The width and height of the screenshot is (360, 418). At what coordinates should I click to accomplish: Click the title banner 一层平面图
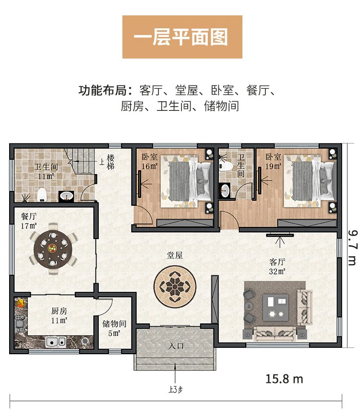pyautogui.click(x=182, y=37)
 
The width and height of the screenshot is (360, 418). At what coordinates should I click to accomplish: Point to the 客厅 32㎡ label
pyautogui.click(x=277, y=267)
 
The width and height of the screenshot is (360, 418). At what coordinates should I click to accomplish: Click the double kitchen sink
pyautogui.click(x=56, y=342)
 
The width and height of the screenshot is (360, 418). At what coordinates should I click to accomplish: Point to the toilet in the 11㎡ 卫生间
pyautogui.click(x=42, y=194)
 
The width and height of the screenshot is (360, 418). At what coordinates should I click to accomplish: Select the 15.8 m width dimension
pyautogui.click(x=284, y=379)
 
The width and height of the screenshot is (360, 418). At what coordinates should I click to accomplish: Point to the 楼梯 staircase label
pyautogui.click(x=110, y=162)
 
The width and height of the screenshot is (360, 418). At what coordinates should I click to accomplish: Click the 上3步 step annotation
pyautogui.click(x=175, y=390)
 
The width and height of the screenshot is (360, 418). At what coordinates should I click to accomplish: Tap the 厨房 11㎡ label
pyautogui.click(x=59, y=315)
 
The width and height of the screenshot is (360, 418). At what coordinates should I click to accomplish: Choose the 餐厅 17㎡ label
pyautogui.click(x=29, y=221)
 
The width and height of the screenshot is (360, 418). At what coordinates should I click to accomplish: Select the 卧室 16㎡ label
pyautogui.click(x=150, y=162)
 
